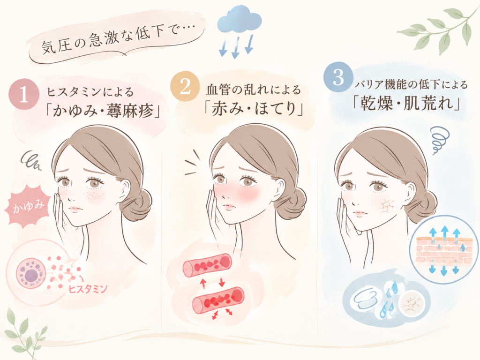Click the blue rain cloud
240,19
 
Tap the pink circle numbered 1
24,95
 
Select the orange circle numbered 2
185,86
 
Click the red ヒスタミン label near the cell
88,289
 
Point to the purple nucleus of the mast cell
30,276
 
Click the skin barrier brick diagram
444,250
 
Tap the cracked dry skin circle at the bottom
412,304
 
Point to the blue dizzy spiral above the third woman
440,139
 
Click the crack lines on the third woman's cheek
387,207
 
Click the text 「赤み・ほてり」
254,109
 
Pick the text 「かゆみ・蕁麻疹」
103,111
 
